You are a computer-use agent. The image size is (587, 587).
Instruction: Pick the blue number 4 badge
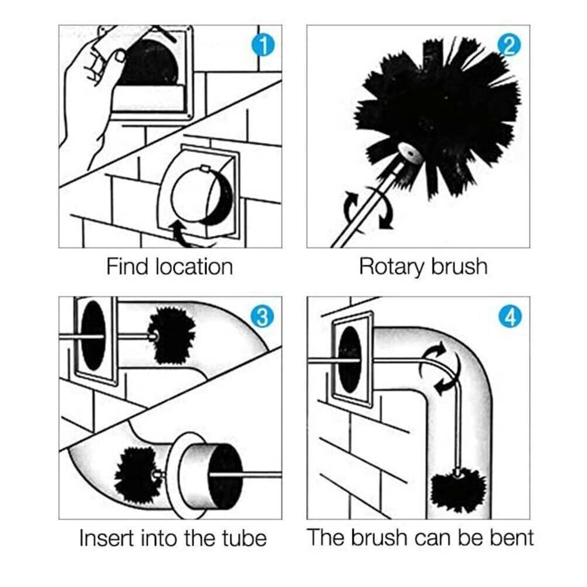point(508,317)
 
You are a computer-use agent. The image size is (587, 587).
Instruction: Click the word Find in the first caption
point(127,267)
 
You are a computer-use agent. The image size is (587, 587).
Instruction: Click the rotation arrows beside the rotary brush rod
point(367,208)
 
